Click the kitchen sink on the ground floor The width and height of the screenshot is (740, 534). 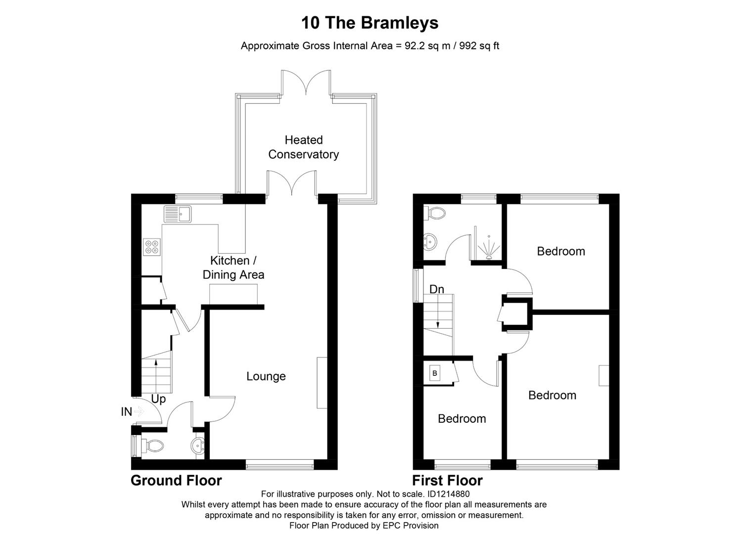178,214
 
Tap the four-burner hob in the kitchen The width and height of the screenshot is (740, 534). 152,247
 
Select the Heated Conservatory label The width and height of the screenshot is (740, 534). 303,147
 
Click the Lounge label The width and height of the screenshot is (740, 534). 266,376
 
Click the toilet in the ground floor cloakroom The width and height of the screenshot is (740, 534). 153,446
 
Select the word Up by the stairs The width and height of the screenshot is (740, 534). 158,399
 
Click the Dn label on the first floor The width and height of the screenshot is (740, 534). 436,289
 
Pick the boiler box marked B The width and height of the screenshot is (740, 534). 435,373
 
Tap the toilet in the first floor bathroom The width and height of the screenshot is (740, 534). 436,214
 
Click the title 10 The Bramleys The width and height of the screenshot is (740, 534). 370,23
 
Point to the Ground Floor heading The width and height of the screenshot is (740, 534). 176,481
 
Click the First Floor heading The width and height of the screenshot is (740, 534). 447,481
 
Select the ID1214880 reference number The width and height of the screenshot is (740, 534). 448,494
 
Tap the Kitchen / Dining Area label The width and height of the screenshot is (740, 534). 233,267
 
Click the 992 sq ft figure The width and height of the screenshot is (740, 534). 479,46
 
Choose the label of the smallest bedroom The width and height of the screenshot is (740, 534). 462,419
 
